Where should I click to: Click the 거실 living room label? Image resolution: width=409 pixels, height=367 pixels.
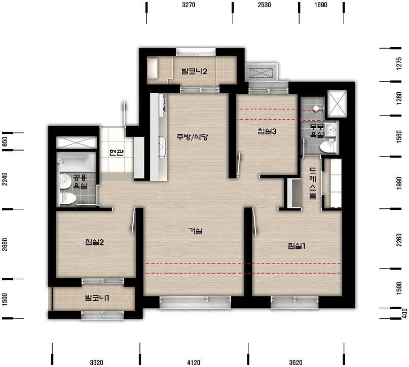(195, 231)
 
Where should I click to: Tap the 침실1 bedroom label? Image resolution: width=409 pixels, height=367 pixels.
(296, 246)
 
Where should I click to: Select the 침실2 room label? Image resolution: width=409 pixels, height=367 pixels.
(94, 242)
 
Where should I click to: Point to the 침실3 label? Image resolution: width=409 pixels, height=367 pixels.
(267, 131)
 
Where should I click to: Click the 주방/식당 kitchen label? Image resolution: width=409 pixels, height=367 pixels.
(192, 137)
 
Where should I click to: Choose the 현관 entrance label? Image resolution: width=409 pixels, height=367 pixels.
(117, 152)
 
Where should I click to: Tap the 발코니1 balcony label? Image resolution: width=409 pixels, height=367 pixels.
(97, 298)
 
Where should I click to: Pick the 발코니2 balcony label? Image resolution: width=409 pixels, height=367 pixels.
(194, 71)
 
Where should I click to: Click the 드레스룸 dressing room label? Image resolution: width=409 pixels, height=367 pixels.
(313, 183)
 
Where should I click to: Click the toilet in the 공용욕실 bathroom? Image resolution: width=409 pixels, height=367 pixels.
(68, 198)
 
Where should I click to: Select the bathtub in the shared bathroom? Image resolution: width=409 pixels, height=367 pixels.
(76, 162)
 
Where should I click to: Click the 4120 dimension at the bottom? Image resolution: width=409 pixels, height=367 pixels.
(194, 362)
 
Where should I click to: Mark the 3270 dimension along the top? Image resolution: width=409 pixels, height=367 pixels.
(189, 5)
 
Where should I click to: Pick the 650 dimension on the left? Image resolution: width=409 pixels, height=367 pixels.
(5, 142)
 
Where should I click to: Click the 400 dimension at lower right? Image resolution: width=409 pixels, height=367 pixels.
(404, 314)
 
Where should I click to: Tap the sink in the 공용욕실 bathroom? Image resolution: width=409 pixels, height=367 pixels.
(65, 181)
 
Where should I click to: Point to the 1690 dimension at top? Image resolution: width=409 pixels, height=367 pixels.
(321, 5)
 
